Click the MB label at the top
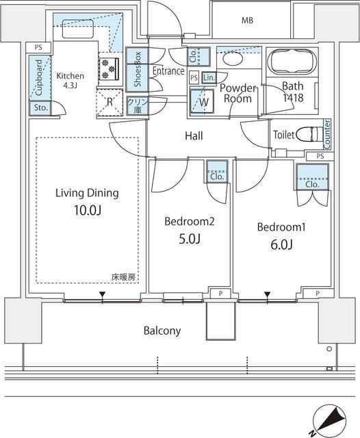pos(246,21)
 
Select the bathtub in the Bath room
pos(289,64)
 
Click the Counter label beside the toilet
pos(327,134)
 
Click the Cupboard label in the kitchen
pos(39,77)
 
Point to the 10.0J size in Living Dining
pos(87,210)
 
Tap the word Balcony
pos(162,331)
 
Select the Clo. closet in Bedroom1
pos(312,180)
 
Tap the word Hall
pos(194,136)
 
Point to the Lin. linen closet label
pos(209,77)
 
